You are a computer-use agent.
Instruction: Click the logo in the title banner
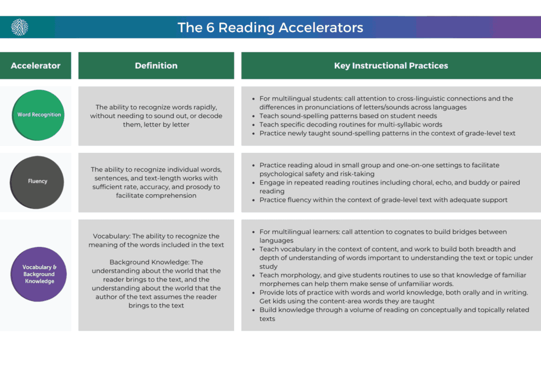point(20,27)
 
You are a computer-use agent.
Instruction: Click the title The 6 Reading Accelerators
point(270,28)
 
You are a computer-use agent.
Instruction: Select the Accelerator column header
point(35,66)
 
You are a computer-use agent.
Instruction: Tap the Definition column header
point(156,66)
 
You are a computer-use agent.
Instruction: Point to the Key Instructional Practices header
point(391,66)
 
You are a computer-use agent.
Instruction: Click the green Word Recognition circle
point(39,114)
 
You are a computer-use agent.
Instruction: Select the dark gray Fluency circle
point(38,181)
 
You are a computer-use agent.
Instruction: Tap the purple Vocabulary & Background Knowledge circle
point(39,274)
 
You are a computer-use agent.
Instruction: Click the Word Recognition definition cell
point(156,116)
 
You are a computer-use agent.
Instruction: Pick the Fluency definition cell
point(156,183)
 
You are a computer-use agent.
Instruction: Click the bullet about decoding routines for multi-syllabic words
point(351,125)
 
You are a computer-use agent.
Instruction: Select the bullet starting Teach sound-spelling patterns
point(348,116)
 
